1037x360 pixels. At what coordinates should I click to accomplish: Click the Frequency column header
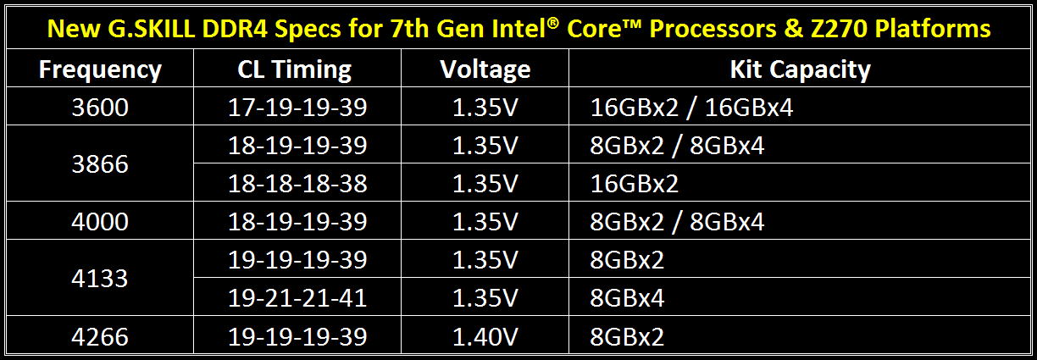coord(100,69)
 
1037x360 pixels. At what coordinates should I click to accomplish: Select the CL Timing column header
coord(295,69)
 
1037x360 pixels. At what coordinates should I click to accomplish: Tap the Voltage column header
coord(485,69)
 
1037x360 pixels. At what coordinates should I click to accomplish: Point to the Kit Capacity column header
coord(801,69)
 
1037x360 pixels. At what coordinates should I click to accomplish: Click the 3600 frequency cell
coord(100,108)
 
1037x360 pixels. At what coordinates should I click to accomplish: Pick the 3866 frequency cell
coord(100,164)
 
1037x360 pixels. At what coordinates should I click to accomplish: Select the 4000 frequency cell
coord(100,222)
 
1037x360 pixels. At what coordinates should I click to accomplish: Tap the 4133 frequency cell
coord(100,279)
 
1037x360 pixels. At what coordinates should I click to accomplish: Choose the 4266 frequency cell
coord(100,336)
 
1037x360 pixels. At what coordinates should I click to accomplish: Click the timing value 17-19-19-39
coord(297,108)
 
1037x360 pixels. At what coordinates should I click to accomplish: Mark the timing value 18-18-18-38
coord(297,184)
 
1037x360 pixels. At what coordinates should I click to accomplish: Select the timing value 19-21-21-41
coord(297,298)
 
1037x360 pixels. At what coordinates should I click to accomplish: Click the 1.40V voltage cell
coord(485,336)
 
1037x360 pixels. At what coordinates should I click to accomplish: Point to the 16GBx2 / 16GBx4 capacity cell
coord(691,108)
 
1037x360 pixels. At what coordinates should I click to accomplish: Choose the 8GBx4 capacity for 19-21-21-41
coord(627,298)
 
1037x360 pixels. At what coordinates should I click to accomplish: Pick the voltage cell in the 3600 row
coord(485,108)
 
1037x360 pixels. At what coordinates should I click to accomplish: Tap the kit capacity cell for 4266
coord(627,336)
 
